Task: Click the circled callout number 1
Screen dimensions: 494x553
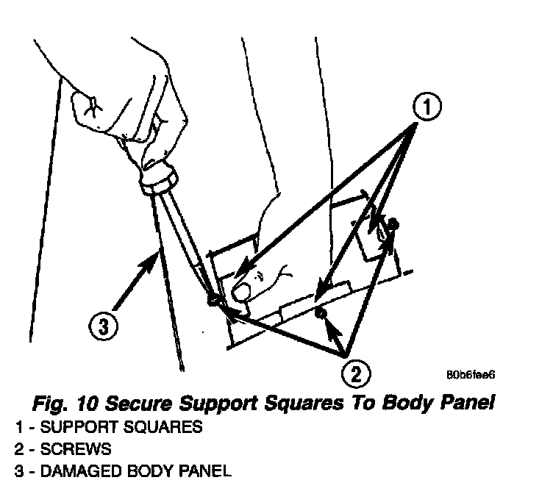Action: point(426,108)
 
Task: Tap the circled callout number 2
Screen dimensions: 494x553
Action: point(355,373)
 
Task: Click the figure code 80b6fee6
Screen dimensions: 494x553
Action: point(471,374)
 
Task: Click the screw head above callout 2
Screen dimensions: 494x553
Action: point(320,314)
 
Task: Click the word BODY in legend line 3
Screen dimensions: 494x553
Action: point(148,470)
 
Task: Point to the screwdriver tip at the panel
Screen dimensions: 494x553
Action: point(214,300)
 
